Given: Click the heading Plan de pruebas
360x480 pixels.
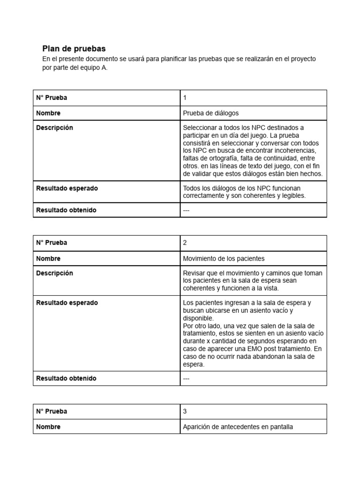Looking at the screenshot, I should tap(74, 49).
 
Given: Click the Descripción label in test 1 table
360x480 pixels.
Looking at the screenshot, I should tap(54, 128).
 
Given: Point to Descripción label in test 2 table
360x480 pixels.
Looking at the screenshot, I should tap(54, 273).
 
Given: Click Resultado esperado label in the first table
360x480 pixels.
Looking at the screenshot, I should tap(67, 188).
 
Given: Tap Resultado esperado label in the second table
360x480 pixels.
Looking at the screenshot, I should tap(67, 303).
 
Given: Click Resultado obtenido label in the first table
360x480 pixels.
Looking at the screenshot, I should tap(66, 210).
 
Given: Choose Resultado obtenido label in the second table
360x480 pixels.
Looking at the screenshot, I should tap(66, 378).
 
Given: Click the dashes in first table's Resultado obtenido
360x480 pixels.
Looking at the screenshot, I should tap(186, 210).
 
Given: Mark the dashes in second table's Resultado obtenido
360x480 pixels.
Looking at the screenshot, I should tap(186, 379).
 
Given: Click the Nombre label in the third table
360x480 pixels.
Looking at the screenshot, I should tap(48, 427).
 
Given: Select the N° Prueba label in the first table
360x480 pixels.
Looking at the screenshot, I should tap(52, 98).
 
